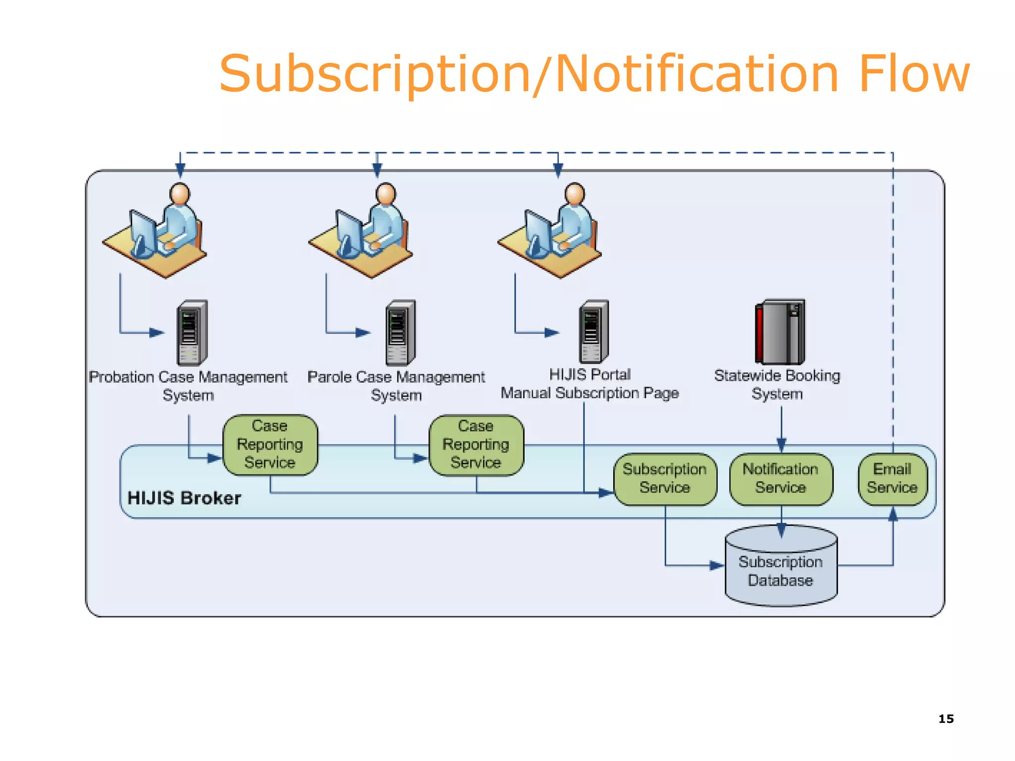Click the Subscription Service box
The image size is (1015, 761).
(665, 479)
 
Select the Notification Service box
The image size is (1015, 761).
(781, 479)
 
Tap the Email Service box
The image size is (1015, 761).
(892, 479)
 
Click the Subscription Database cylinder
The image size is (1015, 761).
(781, 570)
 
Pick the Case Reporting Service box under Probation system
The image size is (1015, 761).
(270, 445)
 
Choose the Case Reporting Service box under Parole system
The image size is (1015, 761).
(476, 445)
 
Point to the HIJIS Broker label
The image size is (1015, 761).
(184, 498)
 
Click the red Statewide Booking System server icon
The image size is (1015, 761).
(780, 332)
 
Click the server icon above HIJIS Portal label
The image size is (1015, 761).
(594, 332)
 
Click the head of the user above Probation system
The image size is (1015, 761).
(179, 194)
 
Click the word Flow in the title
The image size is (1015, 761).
(913, 74)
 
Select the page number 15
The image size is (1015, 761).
(946, 719)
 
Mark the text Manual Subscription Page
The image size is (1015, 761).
(589, 393)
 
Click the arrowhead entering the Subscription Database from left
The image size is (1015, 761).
(717, 565)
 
